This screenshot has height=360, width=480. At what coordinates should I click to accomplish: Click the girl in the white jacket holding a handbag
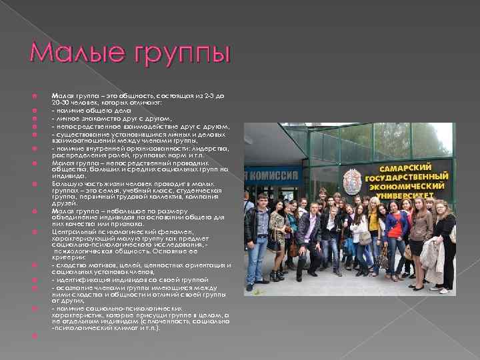pos(360,237)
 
